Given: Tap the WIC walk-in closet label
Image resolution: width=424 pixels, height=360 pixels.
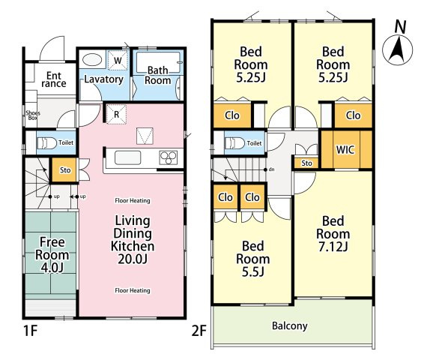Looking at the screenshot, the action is [x=345, y=149].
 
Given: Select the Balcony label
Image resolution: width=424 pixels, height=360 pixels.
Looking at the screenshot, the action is [x=290, y=326].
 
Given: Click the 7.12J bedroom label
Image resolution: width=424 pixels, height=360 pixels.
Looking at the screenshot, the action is [x=333, y=234].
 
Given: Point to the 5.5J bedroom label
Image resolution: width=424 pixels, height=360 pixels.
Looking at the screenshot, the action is [x=253, y=259].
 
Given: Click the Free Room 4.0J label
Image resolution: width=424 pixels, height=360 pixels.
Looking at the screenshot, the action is [x=52, y=255].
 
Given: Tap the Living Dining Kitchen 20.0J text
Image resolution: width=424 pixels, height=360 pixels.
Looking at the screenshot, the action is [x=133, y=239].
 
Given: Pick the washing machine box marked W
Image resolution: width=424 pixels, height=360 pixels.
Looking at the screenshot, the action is [x=118, y=60].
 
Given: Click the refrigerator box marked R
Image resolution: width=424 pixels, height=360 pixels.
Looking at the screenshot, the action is [x=116, y=114].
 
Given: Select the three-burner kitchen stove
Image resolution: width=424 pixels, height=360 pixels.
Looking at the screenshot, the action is [x=169, y=157].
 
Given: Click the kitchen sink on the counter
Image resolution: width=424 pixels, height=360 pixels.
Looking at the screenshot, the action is [x=127, y=157].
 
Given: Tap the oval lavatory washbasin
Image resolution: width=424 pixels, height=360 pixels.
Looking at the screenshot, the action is [x=92, y=60].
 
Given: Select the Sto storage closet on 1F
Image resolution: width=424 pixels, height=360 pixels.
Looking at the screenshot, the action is [x=65, y=170].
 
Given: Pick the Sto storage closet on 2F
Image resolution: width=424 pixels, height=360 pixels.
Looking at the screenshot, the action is [x=306, y=163].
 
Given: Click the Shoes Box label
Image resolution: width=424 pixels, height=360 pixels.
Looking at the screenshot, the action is [x=33, y=115].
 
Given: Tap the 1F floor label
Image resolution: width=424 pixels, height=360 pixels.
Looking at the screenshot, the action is [x=30, y=331].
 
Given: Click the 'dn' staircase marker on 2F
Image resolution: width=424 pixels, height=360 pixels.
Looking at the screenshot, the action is [x=271, y=169].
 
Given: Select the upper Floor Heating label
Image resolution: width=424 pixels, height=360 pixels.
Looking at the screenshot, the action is [x=133, y=200].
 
